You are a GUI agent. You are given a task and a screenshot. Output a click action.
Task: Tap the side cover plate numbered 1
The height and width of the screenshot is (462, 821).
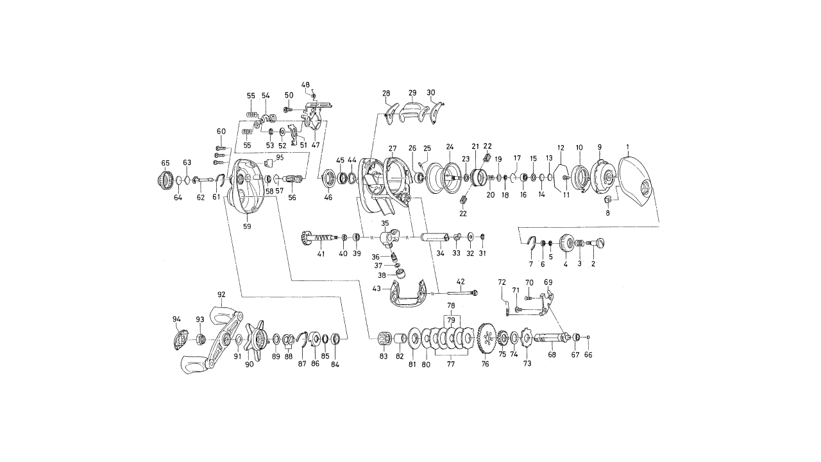click(x=635, y=183)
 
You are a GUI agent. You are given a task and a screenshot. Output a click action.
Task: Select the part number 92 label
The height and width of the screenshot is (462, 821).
click(x=221, y=295)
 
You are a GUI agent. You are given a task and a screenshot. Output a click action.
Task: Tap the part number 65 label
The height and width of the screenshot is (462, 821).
click(x=165, y=164)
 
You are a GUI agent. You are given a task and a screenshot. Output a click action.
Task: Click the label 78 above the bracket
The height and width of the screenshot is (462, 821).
click(x=451, y=305)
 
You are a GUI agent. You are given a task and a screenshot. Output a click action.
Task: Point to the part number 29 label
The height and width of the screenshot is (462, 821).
click(x=412, y=93)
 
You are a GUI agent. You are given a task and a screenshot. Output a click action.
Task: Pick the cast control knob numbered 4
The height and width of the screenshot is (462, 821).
click(x=566, y=243)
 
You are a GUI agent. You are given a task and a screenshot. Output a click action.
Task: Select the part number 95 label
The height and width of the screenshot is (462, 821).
click(x=280, y=157)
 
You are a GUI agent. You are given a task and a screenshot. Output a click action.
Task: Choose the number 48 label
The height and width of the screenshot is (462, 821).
click(x=305, y=85)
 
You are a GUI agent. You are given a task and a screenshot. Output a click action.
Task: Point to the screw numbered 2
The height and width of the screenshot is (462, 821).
click(x=600, y=243)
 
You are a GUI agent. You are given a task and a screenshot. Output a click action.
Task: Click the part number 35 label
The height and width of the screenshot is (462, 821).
click(x=385, y=223)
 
